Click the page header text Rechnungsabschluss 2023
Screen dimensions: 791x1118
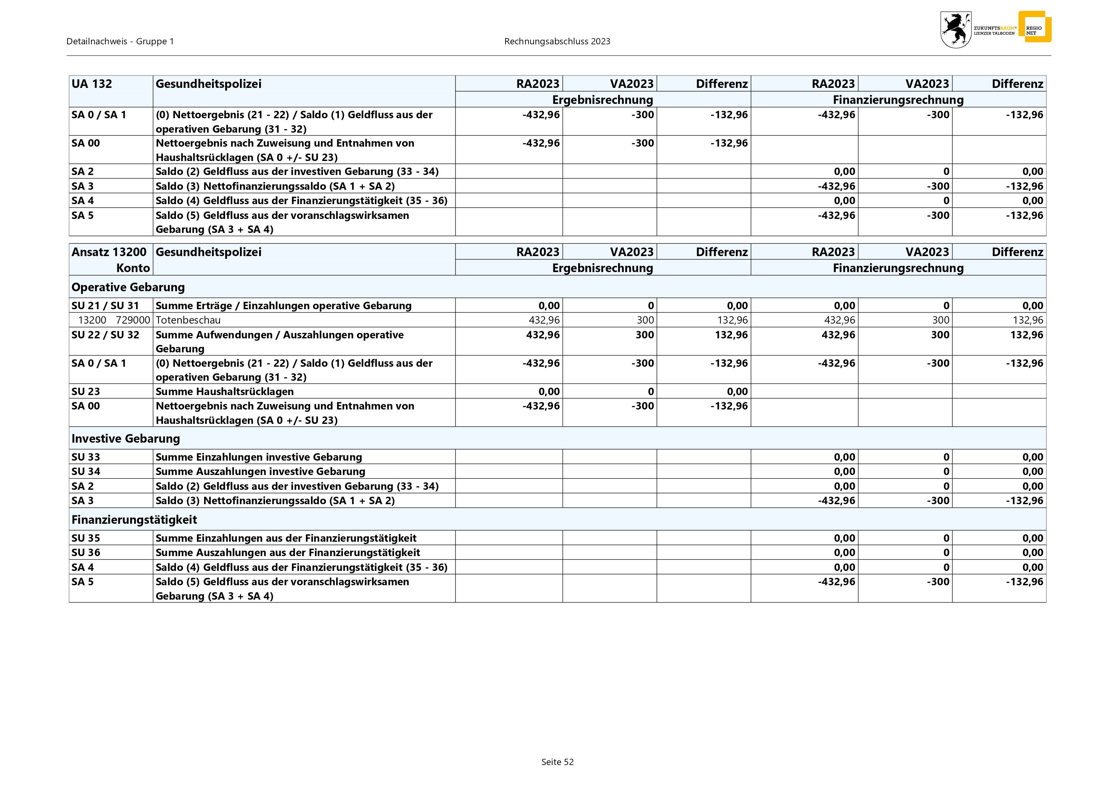pyautogui.click(x=557, y=42)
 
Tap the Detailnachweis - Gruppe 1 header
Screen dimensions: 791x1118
pyautogui.click(x=120, y=42)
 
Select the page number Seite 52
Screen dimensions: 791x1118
pyautogui.click(x=557, y=762)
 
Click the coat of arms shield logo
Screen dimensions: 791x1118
pyautogui.click(x=955, y=30)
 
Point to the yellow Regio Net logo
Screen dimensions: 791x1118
pyautogui.click(x=1035, y=27)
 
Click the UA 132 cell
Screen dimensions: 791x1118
pyautogui.click(x=91, y=84)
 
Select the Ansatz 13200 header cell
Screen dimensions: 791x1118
pyautogui.click(x=109, y=252)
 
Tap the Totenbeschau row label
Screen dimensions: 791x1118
pyautogui.click(x=188, y=320)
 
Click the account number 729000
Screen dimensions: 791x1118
pyautogui.click(x=133, y=320)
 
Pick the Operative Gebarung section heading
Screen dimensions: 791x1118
pyautogui.click(x=128, y=287)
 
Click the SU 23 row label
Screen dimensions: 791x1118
pyautogui.click(x=86, y=391)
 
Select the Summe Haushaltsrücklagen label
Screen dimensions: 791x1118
pyautogui.click(x=224, y=391)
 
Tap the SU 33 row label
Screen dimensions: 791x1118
pyautogui.click(x=86, y=457)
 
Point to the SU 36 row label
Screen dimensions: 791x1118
pyautogui.click(x=86, y=553)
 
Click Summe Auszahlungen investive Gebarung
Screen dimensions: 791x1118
pyautogui.click(x=260, y=471)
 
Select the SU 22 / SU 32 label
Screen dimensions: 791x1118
pyautogui.click(x=105, y=335)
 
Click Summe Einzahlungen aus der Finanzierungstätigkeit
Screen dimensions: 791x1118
pyautogui.click(x=286, y=538)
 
